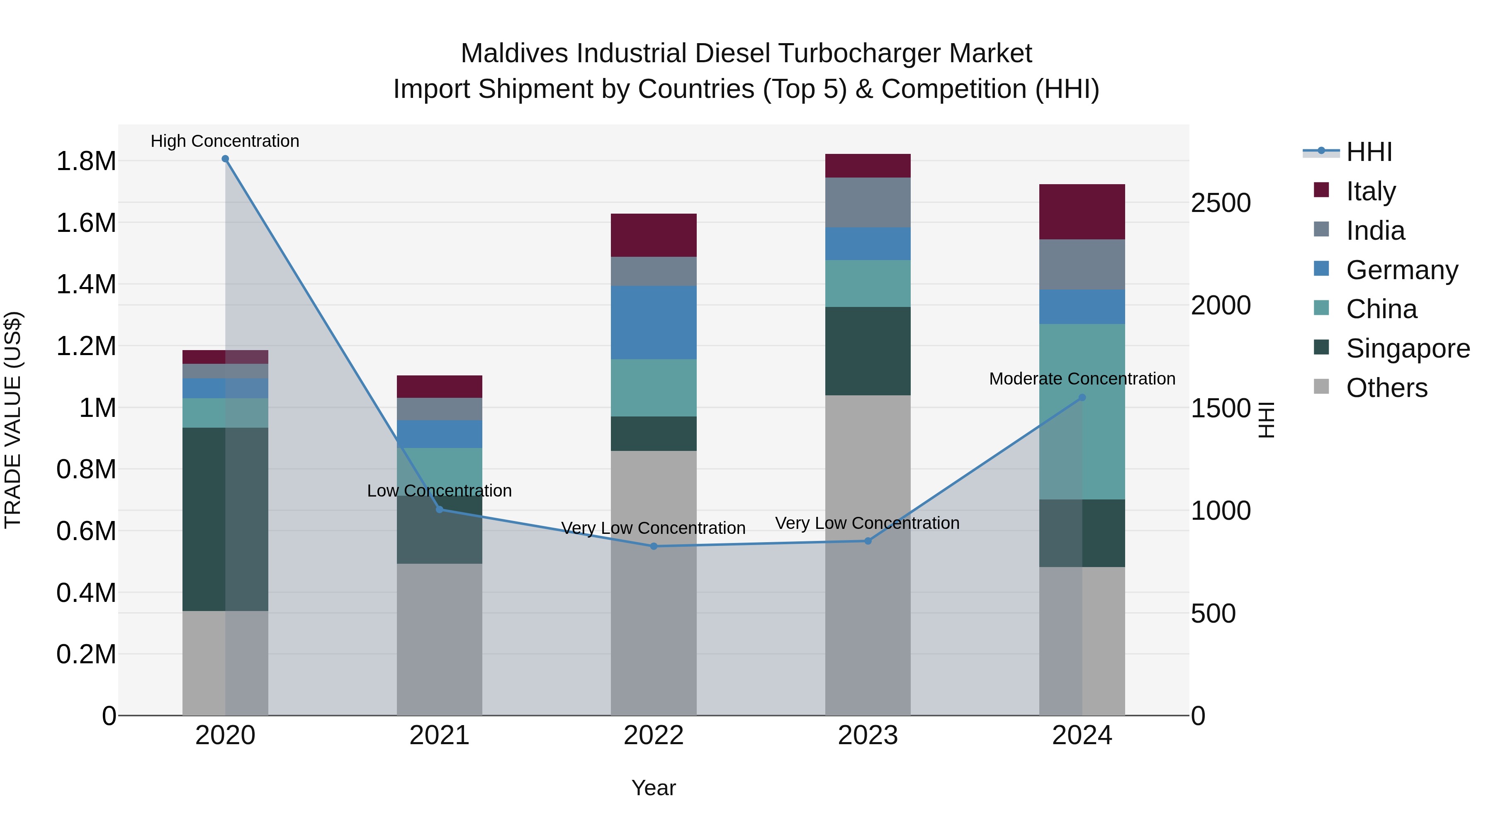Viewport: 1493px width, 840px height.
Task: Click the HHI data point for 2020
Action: tap(226, 159)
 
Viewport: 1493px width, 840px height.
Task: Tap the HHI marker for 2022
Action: tap(654, 546)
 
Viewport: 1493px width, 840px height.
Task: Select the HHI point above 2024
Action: tap(1082, 398)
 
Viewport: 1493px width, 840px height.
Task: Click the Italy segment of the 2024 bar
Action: tap(1082, 212)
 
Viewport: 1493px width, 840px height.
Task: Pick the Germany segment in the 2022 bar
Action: tap(654, 322)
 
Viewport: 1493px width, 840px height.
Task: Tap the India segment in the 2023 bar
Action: tap(868, 202)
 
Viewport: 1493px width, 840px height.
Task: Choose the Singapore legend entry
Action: tap(1407, 348)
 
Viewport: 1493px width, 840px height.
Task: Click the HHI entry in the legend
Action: tap(1369, 152)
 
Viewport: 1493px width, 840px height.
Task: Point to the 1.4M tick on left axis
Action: tap(86, 285)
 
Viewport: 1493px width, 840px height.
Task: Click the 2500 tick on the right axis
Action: tap(1221, 203)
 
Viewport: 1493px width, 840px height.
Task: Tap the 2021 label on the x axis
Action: tap(439, 735)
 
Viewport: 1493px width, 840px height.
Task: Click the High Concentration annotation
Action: tap(225, 141)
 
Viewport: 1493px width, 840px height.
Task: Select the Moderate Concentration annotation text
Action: tap(1082, 379)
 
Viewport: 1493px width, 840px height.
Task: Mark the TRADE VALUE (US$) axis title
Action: tap(13, 420)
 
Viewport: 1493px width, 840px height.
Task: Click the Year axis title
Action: tap(653, 788)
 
